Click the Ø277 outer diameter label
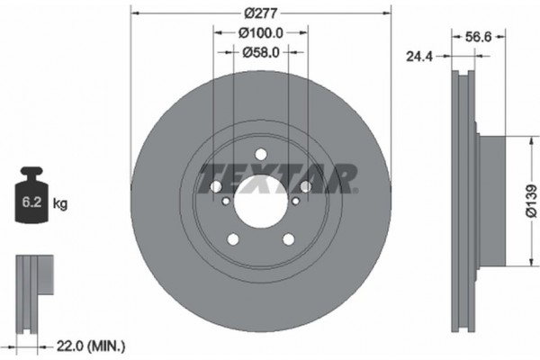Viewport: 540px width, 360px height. [260, 13]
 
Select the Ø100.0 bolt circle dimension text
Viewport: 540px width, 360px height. [260, 33]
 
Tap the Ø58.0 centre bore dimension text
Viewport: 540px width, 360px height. [260, 53]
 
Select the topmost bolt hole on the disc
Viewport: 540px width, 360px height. [260, 152]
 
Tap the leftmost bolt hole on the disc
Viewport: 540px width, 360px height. [216, 186]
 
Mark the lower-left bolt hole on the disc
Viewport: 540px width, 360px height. [233, 238]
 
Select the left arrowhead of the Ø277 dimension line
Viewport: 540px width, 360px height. [135, 13]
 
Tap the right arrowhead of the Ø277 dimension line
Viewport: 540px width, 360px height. [389, 13]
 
